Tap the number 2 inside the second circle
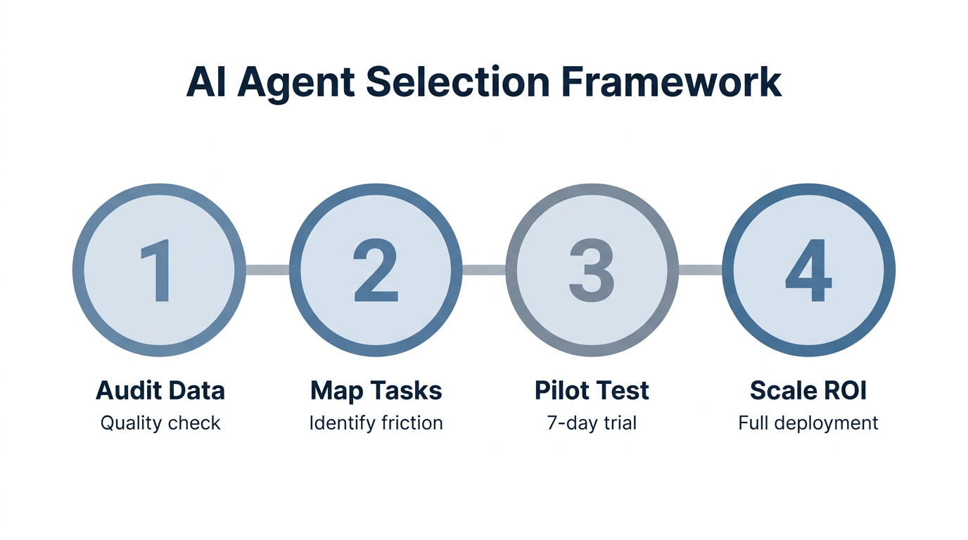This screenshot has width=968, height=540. (376, 271)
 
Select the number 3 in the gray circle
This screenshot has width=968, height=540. (592, 271)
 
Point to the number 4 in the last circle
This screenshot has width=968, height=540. (808, 271)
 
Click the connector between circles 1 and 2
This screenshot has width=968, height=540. (267, 270)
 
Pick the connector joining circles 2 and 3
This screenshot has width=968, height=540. (484, 270)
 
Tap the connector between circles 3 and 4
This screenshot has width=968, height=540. (700, 270)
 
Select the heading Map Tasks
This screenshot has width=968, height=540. (376, 391)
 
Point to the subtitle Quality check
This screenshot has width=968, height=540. (160, 423)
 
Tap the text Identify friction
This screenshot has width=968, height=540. (376, 423)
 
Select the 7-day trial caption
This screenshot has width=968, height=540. (592, 423)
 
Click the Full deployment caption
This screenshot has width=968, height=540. (808, 423)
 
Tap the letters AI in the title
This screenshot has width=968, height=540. (206, 83)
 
